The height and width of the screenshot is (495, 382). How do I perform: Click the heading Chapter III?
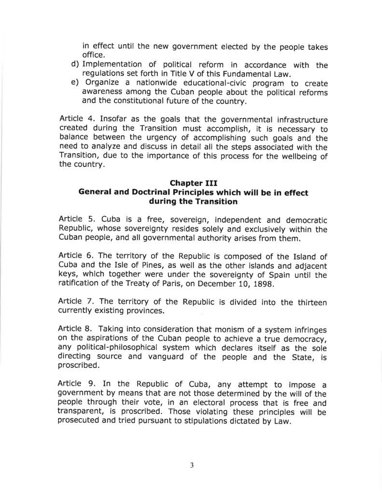tap(193, 183)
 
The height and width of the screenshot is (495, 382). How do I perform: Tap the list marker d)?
tap(75, 65)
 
